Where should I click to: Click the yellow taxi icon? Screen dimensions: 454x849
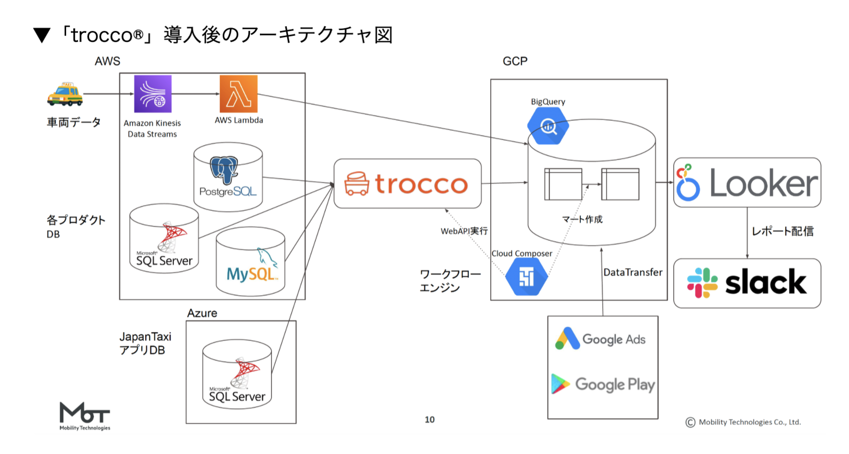65,94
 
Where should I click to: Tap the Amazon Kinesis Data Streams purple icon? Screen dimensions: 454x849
153,94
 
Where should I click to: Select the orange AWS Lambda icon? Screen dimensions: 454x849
238,94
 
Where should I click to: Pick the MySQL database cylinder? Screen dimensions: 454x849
250,261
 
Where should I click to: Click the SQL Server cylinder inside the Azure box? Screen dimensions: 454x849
237,374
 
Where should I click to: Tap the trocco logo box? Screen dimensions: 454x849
408,184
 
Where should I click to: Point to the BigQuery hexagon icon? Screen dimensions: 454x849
548,126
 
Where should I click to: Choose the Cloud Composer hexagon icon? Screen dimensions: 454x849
527,277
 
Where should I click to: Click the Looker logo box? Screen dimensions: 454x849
747,183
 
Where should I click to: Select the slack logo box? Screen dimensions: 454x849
747,283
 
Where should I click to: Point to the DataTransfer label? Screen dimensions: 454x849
633,273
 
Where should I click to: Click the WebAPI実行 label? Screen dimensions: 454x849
464,231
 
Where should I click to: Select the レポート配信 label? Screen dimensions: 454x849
782,232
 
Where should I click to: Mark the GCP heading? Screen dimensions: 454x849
515,61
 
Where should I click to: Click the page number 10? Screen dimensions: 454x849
430,420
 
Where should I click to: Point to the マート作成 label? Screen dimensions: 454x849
582,220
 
